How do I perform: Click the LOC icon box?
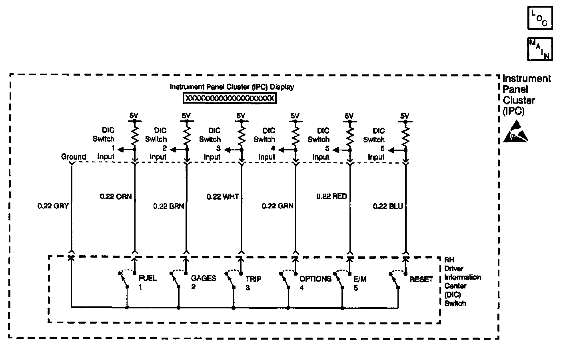coord(540,18)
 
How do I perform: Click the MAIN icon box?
coord(540,49)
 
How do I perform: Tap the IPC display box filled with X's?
coord(230,98)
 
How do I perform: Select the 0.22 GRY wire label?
coord(53,206)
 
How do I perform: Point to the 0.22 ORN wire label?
coord(116,197)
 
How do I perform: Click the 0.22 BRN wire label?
coord(168,206)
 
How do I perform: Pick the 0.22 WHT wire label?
coord(222,197)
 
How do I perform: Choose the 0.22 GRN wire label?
coord(278,206)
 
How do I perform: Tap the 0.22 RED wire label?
coord(331,196)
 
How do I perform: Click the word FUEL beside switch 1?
coord(148,278)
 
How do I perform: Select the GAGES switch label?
coord(204,278)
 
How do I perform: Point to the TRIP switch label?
coord(254,279)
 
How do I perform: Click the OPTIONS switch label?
coord(315,279)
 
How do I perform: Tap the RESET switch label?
coord(421,279)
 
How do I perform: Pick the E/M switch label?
coord(360,279)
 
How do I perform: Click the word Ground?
coord(74,157)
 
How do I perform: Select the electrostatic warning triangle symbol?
coord(515,132)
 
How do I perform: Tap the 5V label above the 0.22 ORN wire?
coord(134,116)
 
